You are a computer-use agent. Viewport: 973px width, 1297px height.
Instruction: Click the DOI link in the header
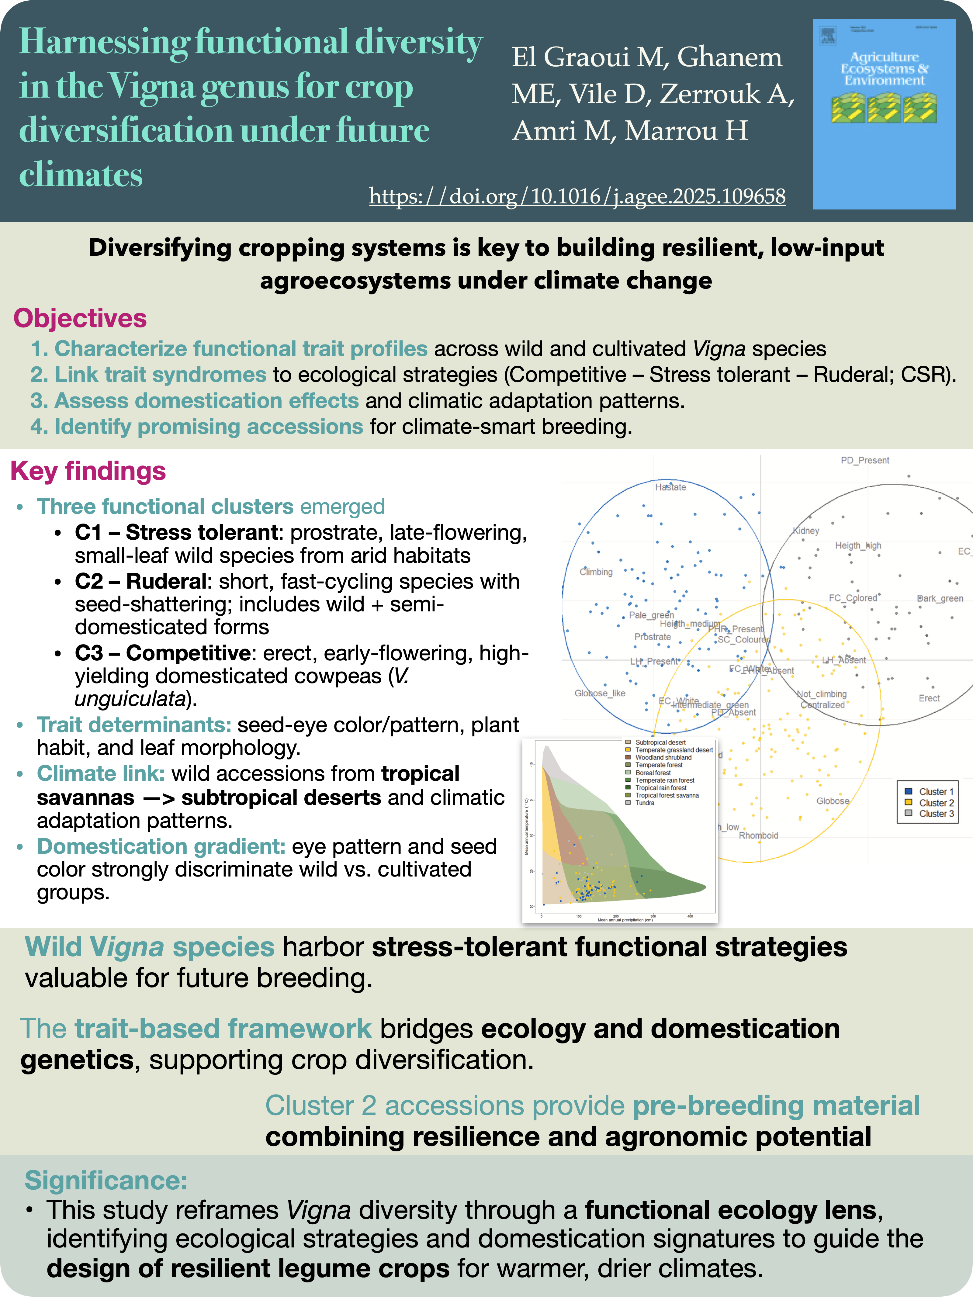coord(577,196)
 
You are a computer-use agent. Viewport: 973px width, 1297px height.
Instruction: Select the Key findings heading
coord(88,471)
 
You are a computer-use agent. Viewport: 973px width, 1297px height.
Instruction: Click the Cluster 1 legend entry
coord(936,792)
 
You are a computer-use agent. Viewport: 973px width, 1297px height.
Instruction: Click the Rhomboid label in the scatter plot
coord(758,835)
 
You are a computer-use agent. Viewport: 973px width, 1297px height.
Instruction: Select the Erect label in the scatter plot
coord(929,698)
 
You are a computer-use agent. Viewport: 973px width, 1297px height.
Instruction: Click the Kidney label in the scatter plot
coord(806,531)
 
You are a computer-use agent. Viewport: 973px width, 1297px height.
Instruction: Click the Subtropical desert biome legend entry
coord(660,742)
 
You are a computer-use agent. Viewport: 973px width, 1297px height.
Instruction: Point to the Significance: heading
coord(106,1180)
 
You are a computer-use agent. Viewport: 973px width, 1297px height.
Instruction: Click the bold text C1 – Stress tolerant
coord(176,532)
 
